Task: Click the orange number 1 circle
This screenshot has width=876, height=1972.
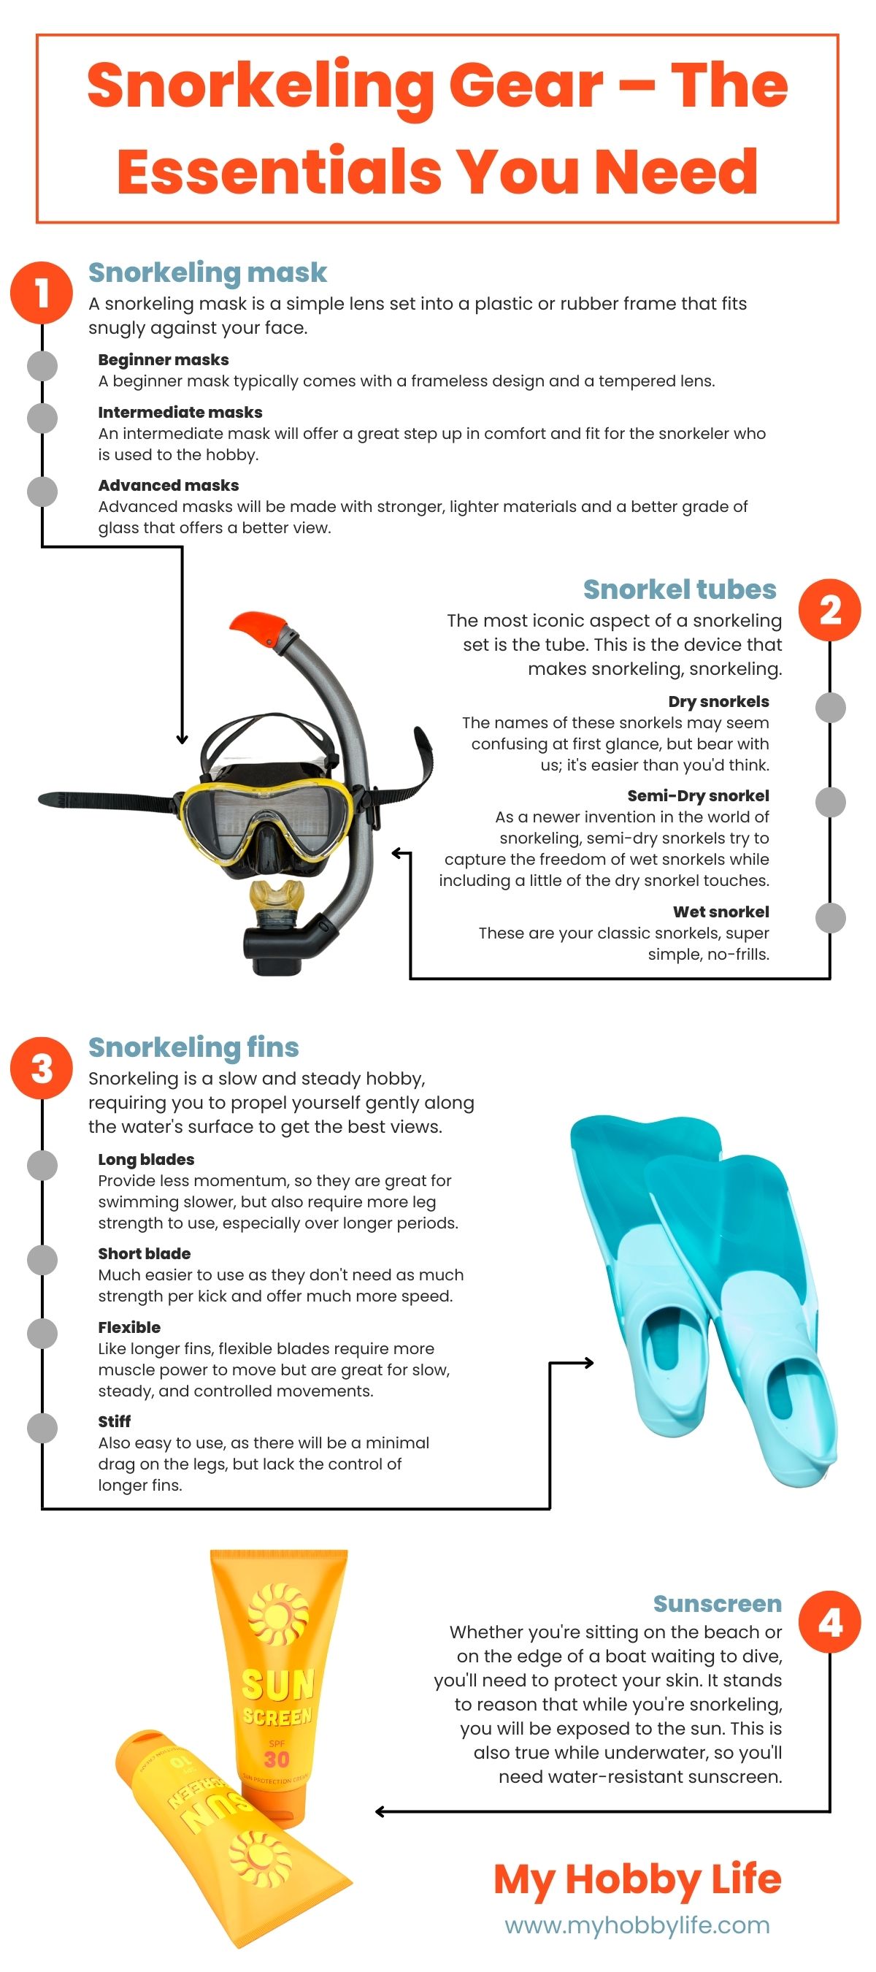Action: pyautogui.click(x=42, y=291)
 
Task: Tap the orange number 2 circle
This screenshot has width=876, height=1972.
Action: pyautogui.click(x=829, y=609)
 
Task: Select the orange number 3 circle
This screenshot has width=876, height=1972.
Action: pyautogui.click(x=42, y=1067)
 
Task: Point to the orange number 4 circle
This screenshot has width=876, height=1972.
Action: pyautogui.click(x=829, y=1622)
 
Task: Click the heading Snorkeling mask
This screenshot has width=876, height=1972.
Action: pyautogui.click(x=207, y=272)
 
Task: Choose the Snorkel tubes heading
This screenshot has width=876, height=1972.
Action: pyautogui.click(x=680, y=589)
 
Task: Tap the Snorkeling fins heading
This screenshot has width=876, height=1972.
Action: pyautogui.click(x=193, y=1047)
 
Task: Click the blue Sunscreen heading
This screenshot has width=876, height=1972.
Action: pyautogui.click(x=717, y=1602)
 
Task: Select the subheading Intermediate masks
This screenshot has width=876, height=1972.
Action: pyautogui.click(x=180, y=412)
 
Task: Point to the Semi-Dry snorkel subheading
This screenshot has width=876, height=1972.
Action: pyautogui.click(x=698, y=795)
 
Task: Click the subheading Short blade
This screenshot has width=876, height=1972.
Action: pyautogui.click(x=144, y=1253)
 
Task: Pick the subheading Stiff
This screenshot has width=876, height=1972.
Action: pyautogui.click(x=114, y=1421)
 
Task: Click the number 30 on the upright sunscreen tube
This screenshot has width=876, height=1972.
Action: pyautogui.click(x=277, y=1759)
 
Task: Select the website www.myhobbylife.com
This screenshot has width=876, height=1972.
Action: pyautogui.click(x=637, y=1925)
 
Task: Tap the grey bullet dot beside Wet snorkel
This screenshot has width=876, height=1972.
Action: pyautogui.click(x=830, y=917)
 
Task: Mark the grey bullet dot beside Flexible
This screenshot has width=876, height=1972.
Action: pyautogui.click(x=42, y=1333)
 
